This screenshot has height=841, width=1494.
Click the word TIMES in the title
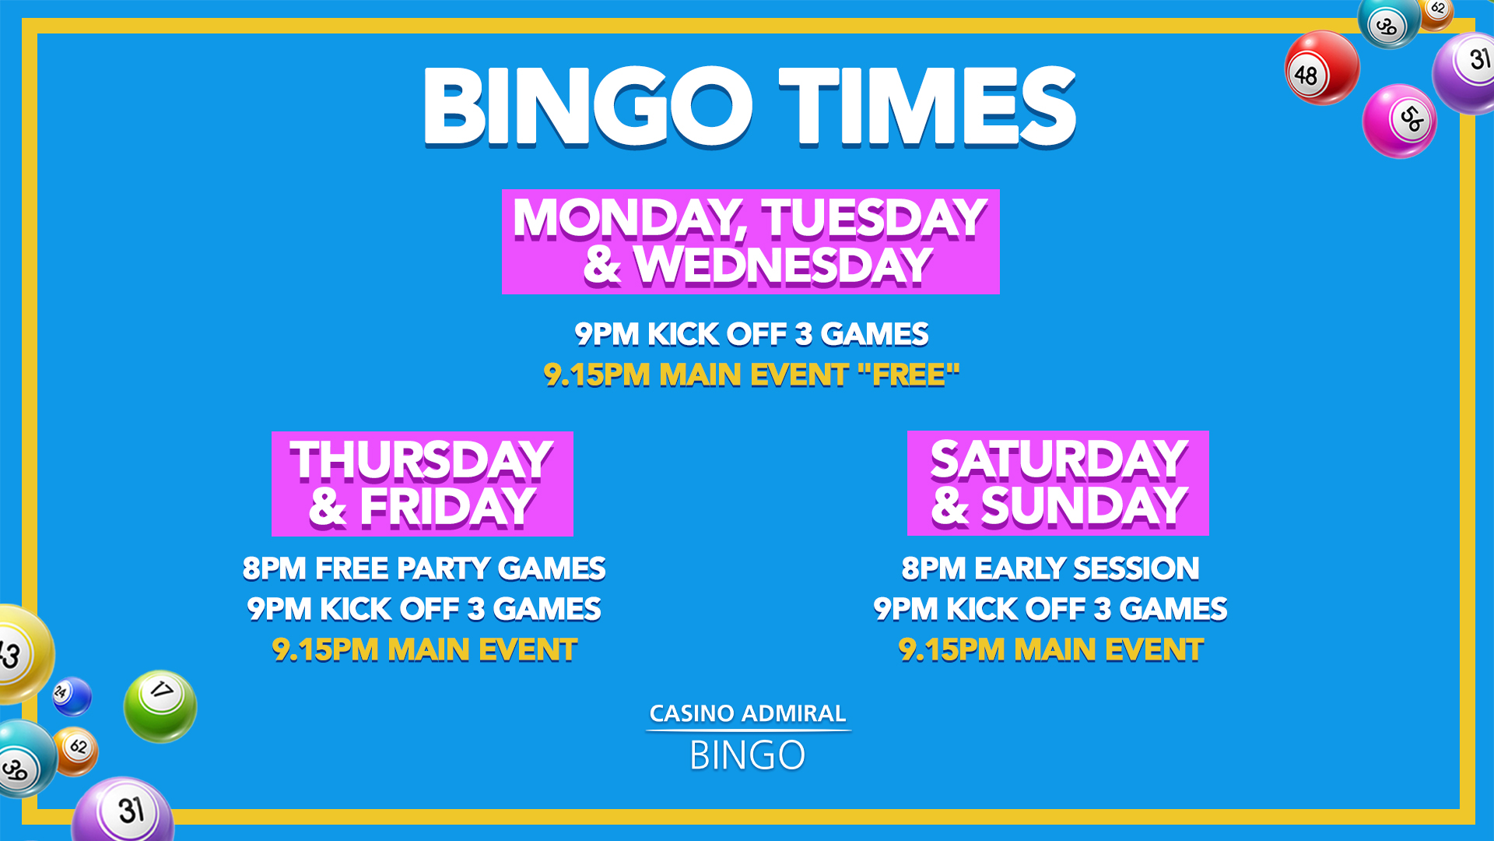(x=928, y=107)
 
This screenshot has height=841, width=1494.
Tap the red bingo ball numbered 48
(x=1322, y=69)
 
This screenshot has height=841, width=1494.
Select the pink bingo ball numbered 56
(x=1399, y=121)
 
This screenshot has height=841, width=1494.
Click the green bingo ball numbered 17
(x=160, y=706)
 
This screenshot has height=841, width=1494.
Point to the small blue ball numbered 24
(x=72, y=696)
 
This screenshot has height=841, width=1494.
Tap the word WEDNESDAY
(x=784, y=266)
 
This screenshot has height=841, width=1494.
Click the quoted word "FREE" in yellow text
(x=909, y=375)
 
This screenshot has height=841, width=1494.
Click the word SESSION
(x=1136, y=568)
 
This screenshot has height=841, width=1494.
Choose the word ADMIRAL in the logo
(x=794, y=713)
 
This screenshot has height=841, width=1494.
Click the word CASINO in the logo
(x=692, y=713)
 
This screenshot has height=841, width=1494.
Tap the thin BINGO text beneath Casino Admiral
(x=748, y=755)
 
